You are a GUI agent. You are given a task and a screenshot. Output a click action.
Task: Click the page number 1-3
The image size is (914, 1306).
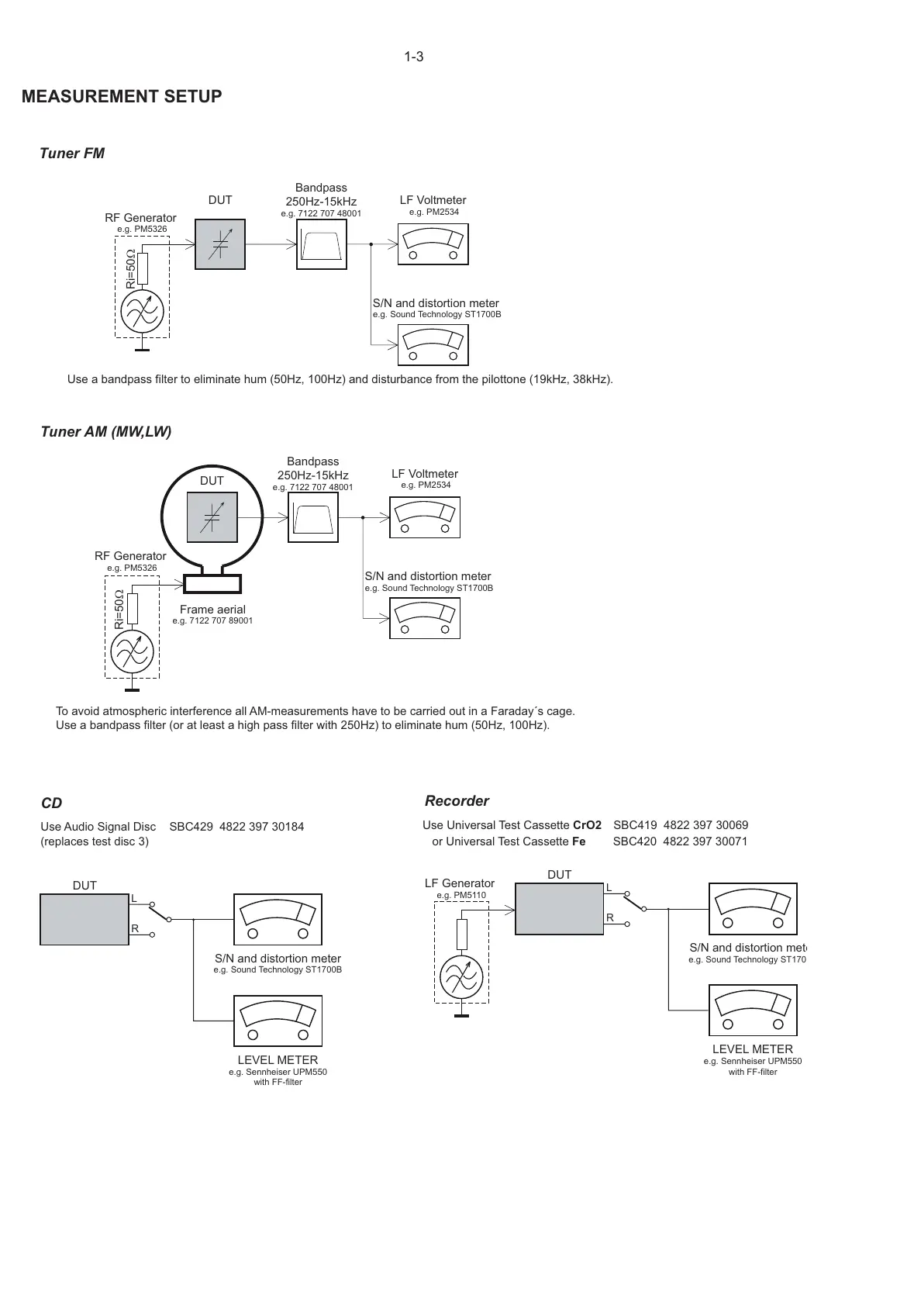pos(414,57)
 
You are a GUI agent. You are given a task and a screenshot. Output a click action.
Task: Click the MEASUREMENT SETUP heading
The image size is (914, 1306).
pos(122,97)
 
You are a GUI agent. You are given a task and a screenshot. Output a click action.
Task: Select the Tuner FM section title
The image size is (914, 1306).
pos(72,154)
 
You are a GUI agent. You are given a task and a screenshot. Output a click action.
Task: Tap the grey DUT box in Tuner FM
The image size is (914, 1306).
pos(220,244)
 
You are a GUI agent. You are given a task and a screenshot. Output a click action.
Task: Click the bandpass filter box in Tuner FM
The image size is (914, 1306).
pos(322,244)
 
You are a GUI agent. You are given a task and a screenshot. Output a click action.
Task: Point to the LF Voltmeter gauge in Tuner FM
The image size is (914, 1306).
pos(433,244)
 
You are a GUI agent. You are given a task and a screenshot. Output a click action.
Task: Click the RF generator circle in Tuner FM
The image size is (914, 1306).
pos(143,313)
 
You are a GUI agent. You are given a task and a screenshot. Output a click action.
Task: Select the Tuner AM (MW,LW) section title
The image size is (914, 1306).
pos(106,432)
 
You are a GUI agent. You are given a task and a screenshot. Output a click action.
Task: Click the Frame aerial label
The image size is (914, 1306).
pos(212,610)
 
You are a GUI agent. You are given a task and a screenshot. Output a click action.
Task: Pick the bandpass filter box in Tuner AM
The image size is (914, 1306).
pos(314,518)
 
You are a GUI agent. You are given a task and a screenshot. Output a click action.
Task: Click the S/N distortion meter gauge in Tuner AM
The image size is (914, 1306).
pos(424,618)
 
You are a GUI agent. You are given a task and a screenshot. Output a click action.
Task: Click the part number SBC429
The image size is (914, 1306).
pos(191,827)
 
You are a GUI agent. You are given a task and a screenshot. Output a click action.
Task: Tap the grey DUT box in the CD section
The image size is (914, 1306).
pos(85,920)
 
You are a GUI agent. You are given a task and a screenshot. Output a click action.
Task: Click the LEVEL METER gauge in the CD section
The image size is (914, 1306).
pos(278,1021)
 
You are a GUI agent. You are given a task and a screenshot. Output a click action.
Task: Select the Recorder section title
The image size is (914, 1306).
pos(457,801)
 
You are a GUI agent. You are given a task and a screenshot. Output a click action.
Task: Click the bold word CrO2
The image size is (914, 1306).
pos(587,825)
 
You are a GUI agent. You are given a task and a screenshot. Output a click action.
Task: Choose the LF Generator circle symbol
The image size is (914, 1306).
pos(461,977)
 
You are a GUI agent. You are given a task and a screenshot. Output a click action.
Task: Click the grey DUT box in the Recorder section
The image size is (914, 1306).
pos(559,910)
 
